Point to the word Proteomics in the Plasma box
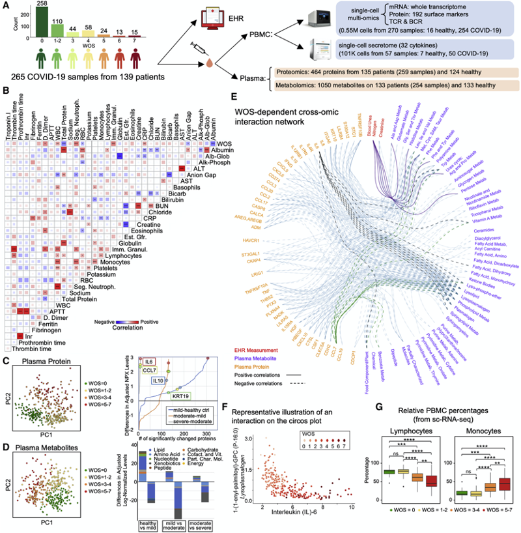(x=296, y=74)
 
